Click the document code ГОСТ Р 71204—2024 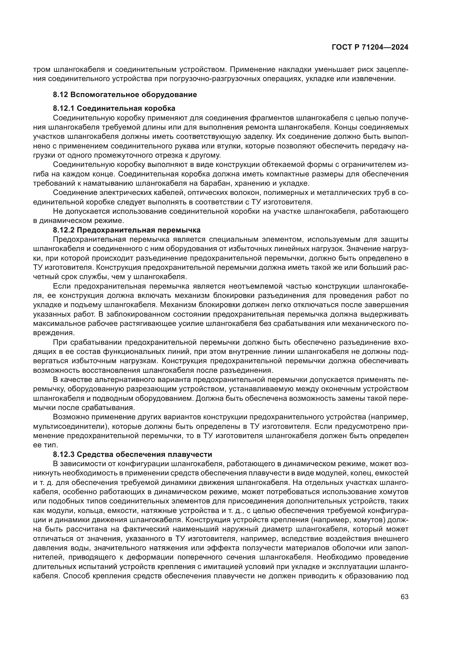(x=370, y=47)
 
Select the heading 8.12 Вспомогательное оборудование (x=125, y=95)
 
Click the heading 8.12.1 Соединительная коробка (x=114, y=108)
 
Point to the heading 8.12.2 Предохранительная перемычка (x=127, y=230)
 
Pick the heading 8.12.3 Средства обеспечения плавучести (x=133, y=454)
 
